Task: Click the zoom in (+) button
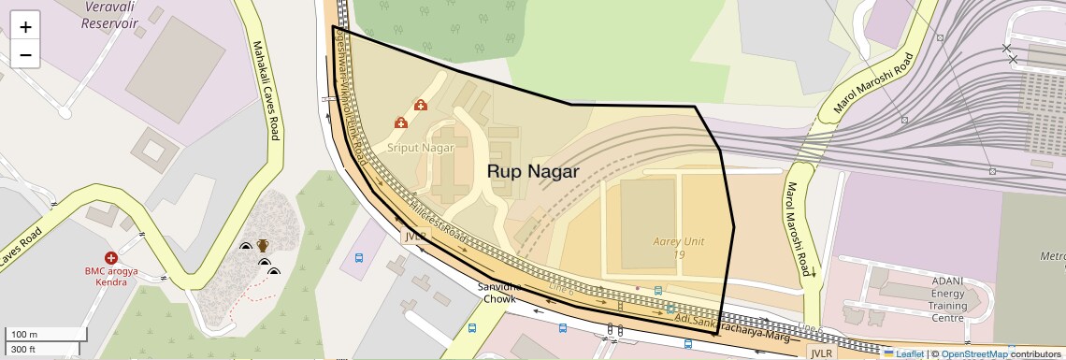25,26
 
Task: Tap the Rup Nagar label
533,172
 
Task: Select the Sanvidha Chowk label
497,293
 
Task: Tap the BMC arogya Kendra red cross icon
111,257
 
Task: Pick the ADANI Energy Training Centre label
948,298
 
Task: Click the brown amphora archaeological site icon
264,246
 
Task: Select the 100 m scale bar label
24,334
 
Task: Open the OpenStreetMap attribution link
974,353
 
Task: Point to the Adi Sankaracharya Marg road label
725,327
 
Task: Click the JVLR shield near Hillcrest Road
415,237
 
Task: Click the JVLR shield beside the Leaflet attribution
821,353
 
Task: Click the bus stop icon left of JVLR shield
359,257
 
